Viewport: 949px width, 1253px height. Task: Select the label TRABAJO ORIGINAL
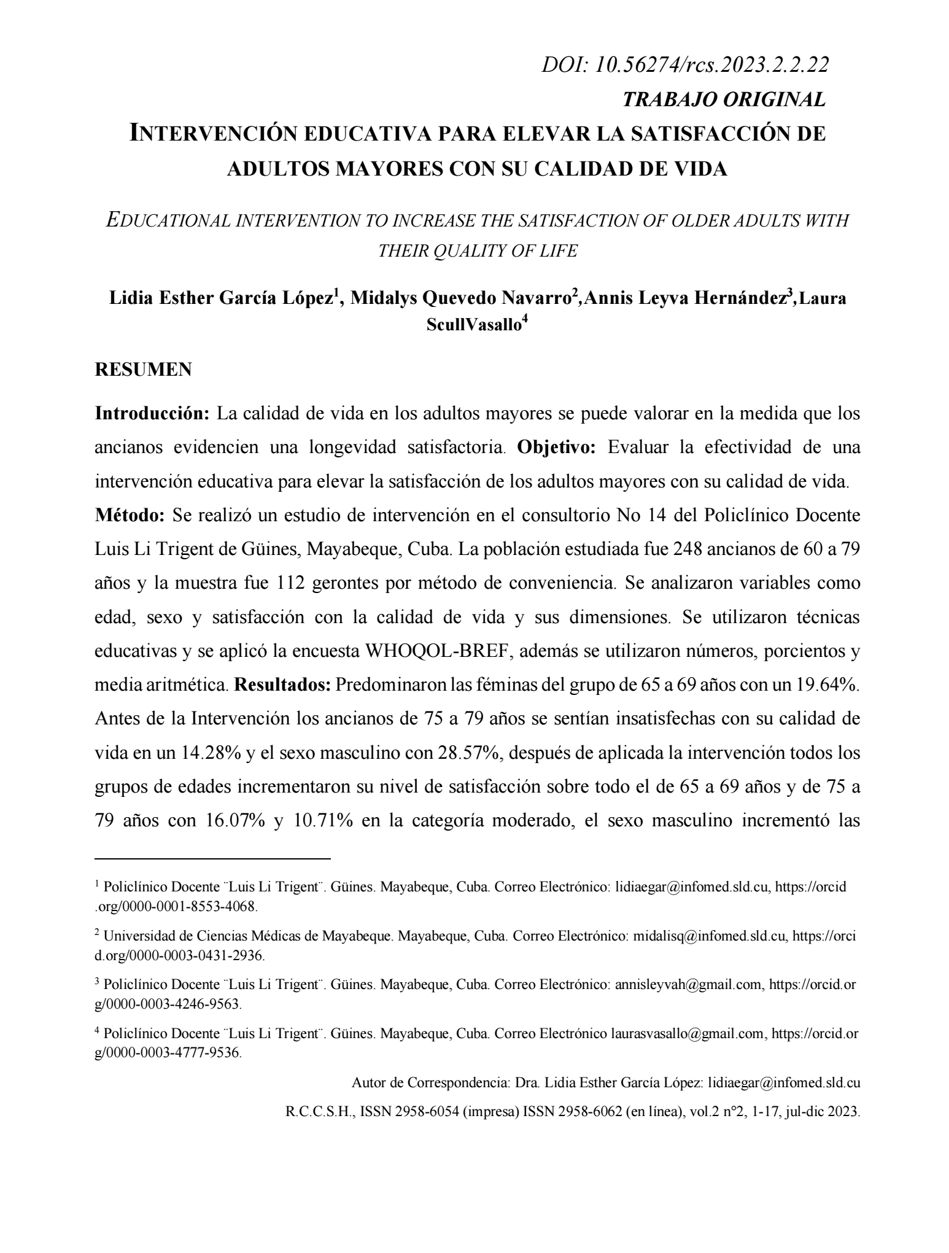[x=724, y=99]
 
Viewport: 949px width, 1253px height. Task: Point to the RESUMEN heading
[x=143, y=370]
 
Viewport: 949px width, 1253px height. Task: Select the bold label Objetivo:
[x=557, y=447]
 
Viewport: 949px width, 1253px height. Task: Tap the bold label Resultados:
[x=284, y=685]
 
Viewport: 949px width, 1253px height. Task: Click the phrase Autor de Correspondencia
[x=430, y=1083]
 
